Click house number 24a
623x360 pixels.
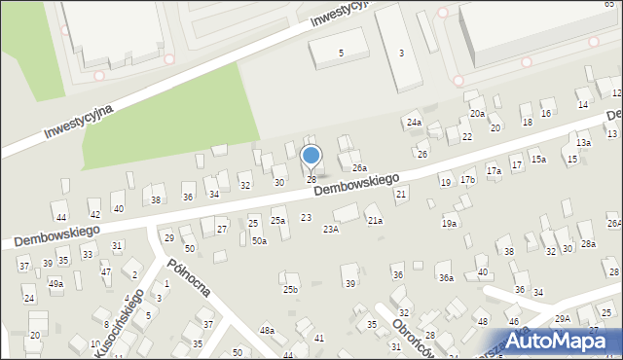[415, 123]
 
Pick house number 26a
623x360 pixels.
[358, 168]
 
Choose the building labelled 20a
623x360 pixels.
[477, 114]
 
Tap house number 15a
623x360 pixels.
[538, 159]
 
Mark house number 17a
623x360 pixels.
[494, 171]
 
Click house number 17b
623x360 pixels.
[468, 180]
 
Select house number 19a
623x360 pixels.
[449, 224]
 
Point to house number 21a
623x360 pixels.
[375, 221]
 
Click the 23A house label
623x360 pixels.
[331, 230]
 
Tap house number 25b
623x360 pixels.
[290, 290]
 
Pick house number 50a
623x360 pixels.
[259, 240]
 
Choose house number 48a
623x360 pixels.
[267, 331]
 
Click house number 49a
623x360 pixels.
[55, 283]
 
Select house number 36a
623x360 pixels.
[445, 278]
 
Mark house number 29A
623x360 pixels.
[563, 319]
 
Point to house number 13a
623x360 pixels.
[583, 143]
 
